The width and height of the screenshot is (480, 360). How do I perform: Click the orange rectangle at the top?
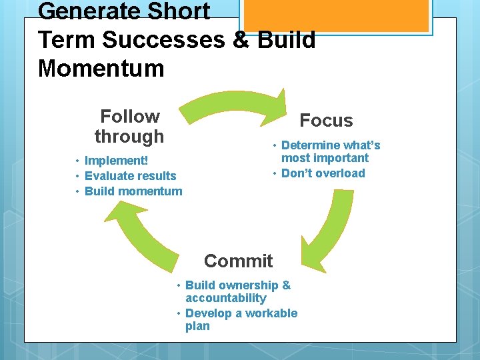pos(334,15)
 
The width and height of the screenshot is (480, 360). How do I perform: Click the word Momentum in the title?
pos(101,68)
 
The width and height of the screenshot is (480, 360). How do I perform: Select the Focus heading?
pos(326,121)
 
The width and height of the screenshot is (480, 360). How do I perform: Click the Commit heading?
pos(238,261)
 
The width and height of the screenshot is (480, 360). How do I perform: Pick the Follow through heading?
pos(129,126)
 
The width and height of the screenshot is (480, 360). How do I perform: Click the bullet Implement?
pos(116,161)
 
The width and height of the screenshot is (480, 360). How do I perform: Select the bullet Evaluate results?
pos(130,176)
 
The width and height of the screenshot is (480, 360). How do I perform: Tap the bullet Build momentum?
pos(133,191)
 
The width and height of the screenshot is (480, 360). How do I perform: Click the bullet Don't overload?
pos(323,173)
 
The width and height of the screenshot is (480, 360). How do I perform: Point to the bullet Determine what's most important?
pos(329,151)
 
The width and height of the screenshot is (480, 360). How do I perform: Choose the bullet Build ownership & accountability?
pos(237,291)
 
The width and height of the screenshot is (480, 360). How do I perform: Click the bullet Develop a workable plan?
pos(241,319)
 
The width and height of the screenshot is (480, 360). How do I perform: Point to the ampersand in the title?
pos(243,40)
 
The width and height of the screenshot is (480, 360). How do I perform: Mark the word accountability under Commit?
pos(225,298)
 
